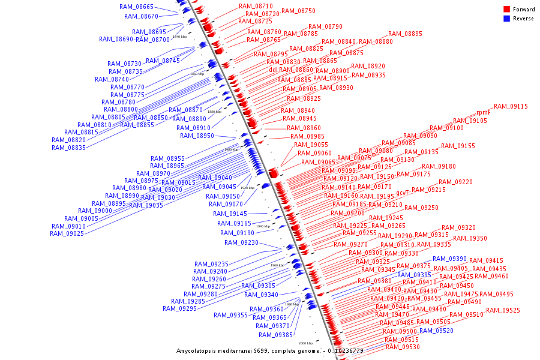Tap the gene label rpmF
click(484, 112)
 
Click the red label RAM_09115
click(511, 106)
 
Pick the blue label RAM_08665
click(136, 7)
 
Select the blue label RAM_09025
click(68, 233)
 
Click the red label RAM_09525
click(503, 310)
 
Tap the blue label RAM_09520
click(436, 331)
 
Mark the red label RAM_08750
click(298, 11)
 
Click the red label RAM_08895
click(405, 34)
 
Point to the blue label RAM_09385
click(275, 335)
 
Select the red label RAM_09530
click(403, 347)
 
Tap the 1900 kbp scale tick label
click(231, 149)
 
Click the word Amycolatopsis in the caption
click(196, 350)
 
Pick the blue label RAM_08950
click(197, 136)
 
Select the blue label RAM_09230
click(241, 242)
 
